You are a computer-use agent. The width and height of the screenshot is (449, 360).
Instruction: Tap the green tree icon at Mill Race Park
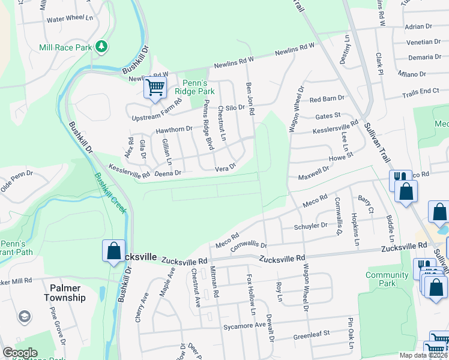tap(102, 46)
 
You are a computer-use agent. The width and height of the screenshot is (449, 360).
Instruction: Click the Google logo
tap(20, 353)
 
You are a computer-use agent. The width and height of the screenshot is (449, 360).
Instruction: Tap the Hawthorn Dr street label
tap(173, 129)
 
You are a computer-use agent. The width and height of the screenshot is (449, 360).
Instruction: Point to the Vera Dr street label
tap(226, 169)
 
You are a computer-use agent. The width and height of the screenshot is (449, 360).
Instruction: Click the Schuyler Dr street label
tap(310, 226)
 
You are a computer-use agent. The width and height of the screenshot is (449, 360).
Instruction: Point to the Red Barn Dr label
tap(327, 98)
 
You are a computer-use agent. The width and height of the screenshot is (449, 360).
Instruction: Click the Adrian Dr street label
tap(418, 26)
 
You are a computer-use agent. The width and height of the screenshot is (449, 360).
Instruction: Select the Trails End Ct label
tap(421, 91)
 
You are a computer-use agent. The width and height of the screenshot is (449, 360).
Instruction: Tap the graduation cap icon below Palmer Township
tap(25, 317)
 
